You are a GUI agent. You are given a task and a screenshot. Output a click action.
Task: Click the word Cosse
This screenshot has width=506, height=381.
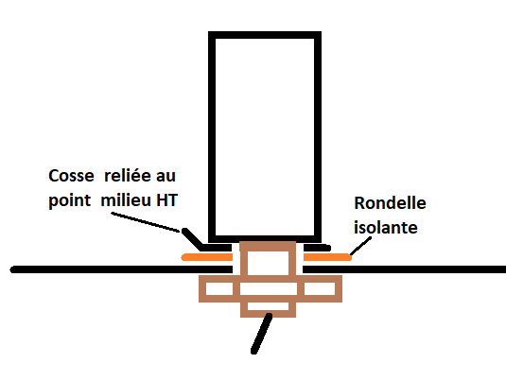pyautogui.click(x=71, y=176)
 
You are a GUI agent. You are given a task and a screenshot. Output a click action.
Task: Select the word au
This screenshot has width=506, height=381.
pyautogui.click(x=166, y=177)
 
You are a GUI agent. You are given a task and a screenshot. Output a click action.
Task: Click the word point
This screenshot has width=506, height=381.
pyautogui.click(x=69, y=201)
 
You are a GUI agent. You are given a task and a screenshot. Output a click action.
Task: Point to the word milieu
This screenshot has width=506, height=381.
pyautogui.click(x=126, y=200)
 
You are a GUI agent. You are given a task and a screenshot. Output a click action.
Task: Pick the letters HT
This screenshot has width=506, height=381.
pyautogui.click(x=166, y=200)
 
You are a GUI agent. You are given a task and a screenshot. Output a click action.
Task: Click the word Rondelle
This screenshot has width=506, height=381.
pyautogui.click(x=390, y=203)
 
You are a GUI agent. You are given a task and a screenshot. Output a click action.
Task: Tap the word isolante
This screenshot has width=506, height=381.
pyautogui.click(x=386, y=228)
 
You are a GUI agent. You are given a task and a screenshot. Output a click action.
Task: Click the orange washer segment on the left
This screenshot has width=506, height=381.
pyautogui.click(x=207, y=257)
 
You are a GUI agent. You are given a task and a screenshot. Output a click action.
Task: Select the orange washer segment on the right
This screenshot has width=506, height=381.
pyautogui.click(x=327, y=257)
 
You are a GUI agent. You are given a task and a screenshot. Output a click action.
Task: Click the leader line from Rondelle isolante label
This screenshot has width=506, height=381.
pyautogui.click(x=361, y=246)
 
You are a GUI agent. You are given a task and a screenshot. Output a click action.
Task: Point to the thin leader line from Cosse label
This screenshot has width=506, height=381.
pyautogui.click(x=146, y=222)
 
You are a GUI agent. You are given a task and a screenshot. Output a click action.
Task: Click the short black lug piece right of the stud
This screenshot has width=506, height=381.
pyautogui.click(x=317, y=248)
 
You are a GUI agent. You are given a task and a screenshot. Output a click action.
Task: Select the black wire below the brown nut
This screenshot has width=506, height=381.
pyautogui.click(x=262, y=334)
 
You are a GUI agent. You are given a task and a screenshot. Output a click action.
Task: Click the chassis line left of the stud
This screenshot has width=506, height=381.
pyautogui.click(x=121, y=269)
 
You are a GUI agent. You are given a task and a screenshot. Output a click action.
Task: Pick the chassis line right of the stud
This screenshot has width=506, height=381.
pyautogui.click(x=404, y=269)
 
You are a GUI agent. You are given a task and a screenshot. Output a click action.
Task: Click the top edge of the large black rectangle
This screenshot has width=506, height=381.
pyautogui.click(x=265, y=35)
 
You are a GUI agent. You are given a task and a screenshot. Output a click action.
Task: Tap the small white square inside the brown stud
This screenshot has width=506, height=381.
pyautogui.click(x=268, y=263)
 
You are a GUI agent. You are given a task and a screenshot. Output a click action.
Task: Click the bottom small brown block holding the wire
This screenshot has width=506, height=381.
pyautogui.click(x=269, y=310)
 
